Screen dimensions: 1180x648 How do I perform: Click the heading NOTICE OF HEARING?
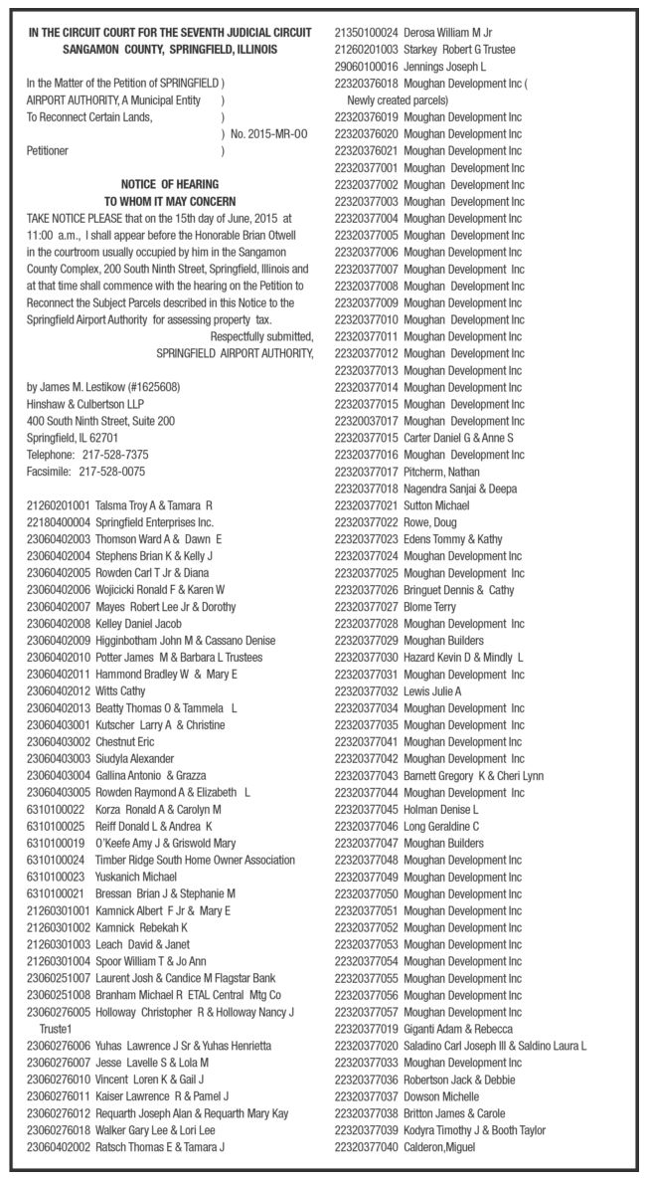(x=169, y=184)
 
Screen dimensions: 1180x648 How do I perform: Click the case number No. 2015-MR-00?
(x=269, y=132)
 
